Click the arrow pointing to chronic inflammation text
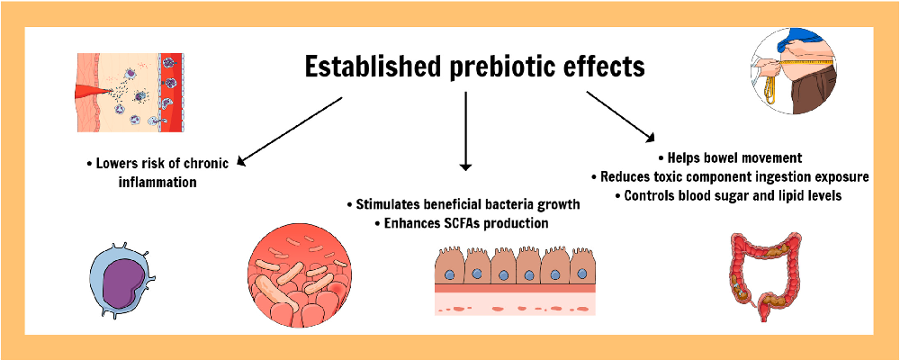click(x=289, y=131)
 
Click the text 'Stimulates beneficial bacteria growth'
click(x=463, y=204)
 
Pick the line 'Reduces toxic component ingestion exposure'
click(x=729, y=177)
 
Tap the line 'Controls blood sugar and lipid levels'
click(x=729, y=196)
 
